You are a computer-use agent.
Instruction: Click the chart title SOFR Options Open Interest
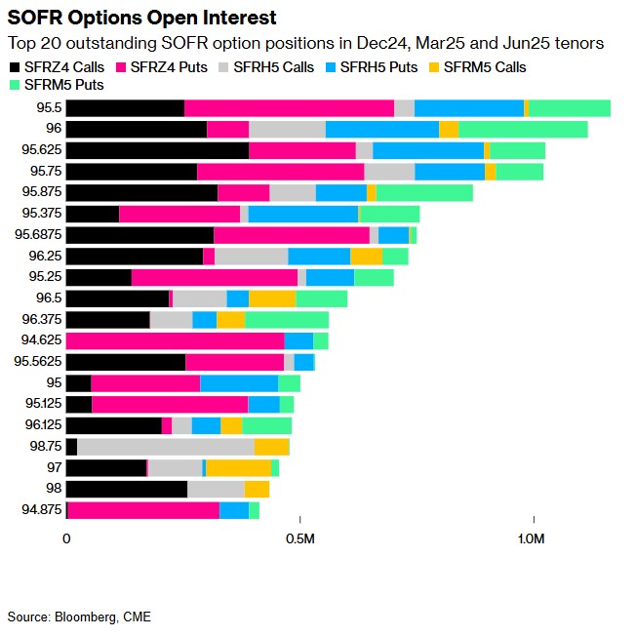tap(141, 18)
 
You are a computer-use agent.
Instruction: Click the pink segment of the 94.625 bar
tap(175, 340)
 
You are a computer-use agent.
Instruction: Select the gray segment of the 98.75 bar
tap(165, 447)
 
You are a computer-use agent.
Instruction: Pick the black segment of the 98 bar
tap(126, 489)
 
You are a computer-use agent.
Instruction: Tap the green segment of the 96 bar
tap(523, 129)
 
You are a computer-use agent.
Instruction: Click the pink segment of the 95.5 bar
tap(289, 108)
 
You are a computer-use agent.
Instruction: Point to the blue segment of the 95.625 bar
tap(428, 150)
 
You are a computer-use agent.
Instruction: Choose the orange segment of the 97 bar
tap(238, 468)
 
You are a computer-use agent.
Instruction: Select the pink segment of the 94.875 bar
tap(144, 510)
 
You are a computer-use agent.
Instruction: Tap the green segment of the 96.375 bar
tap(287, 320)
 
